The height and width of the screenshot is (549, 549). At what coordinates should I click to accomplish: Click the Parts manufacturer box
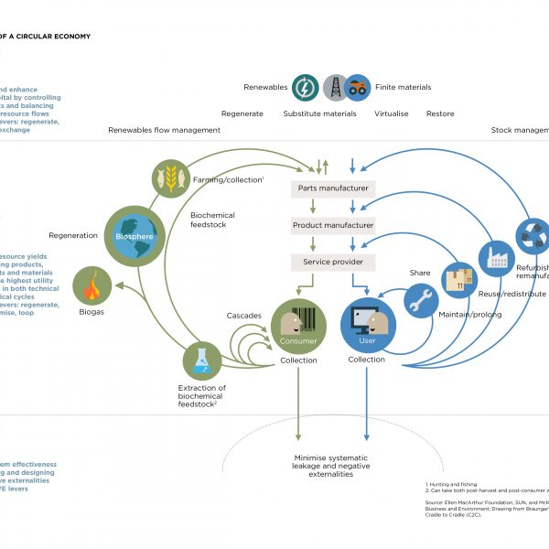(333, 188)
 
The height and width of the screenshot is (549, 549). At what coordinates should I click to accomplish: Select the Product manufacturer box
(333, 225)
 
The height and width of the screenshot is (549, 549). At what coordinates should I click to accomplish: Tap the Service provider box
(333, 263)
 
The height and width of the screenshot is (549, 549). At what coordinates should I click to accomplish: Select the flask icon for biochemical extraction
(202, 361)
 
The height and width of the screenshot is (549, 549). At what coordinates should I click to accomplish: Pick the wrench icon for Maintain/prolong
(422, 301)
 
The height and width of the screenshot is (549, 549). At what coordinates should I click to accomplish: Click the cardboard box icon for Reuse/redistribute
(460, 280)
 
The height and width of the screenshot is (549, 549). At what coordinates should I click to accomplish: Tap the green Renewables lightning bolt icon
(305, 88)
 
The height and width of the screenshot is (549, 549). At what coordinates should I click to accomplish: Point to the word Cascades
(244, 316)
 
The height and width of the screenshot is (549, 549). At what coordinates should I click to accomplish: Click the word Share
(420, 273)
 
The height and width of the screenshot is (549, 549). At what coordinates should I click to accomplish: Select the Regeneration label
(73, 235)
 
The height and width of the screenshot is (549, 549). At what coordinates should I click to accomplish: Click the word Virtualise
(391, 113)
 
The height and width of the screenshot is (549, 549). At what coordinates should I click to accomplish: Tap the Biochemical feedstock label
(212, 221)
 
